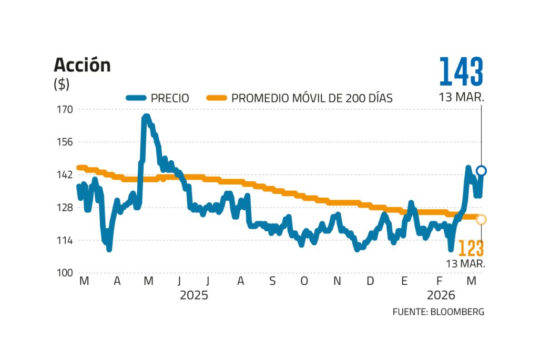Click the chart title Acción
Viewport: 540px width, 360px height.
pyautogui.click(x=82, y=65)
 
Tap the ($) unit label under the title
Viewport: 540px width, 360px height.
pyautogui.click(x=62, y=84)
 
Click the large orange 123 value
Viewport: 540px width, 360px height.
pyautogui.click(x=471, y=249)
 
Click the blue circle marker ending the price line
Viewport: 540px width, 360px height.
pyautogui.click(x=481, y=171)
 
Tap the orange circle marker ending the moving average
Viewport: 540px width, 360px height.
pyautogui.click(x=481, y=219)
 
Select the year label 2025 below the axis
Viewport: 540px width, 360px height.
pyautogui.click(x=194, y=295)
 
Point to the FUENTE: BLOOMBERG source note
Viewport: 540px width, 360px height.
pyautogui.click(x=438, y=312)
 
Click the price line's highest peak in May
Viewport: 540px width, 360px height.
pyautogui.click(x=146, y=117)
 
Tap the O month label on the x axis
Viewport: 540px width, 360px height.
pyautogui.click(x=304, y=282)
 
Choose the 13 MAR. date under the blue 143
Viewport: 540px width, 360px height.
pyautogui.click(x=462, y=97)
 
